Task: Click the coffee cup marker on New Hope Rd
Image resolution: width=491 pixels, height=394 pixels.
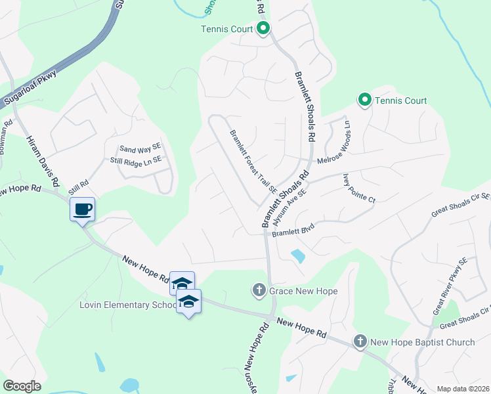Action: tap(82, 210)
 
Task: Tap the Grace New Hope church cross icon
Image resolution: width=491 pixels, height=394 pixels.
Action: tap(259, 290)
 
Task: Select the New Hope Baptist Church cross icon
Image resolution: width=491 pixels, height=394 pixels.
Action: tap(360, 341)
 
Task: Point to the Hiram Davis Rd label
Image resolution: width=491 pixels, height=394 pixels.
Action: tap(43, 160)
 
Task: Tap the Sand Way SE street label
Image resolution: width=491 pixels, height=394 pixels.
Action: tap(140, 149)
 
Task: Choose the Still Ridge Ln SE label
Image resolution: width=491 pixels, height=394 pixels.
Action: tap(135, 160)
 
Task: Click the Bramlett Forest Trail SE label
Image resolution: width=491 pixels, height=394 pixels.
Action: tap(253, 161)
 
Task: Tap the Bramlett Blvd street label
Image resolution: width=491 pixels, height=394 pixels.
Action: tap(294, 232)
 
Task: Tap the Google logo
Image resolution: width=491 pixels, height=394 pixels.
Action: tap(21, 386)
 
